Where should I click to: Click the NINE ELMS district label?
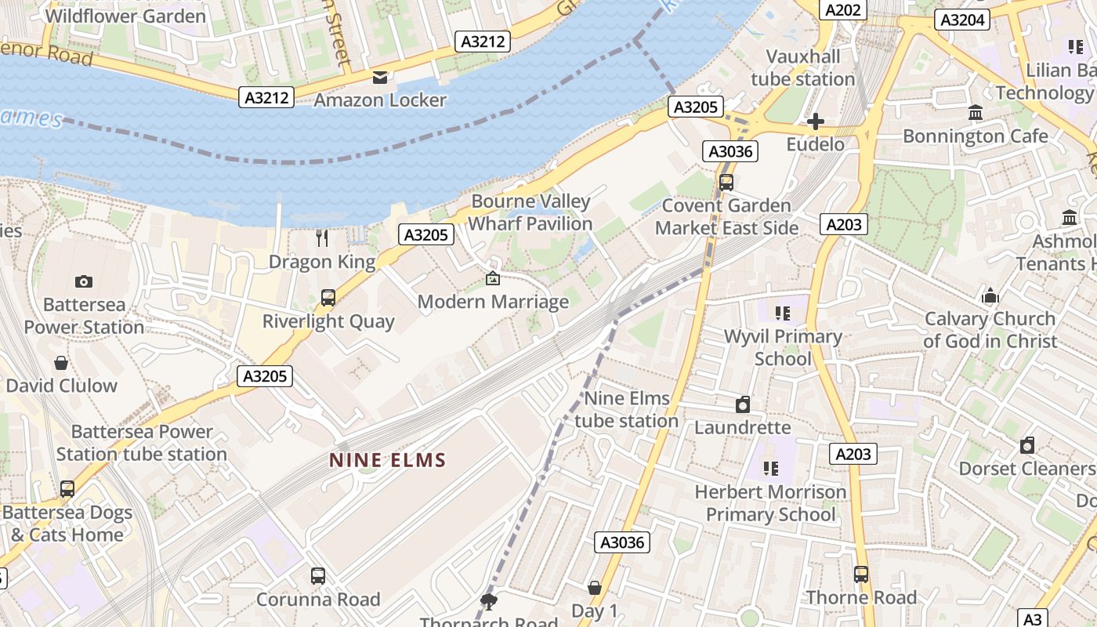[387, 460]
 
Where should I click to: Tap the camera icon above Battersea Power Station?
[83, 281]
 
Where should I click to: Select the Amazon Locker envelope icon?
[380, 77]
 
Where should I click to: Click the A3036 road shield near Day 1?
[623, 542]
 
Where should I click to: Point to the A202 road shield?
[843, 10]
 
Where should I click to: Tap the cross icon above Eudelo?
[816, 121]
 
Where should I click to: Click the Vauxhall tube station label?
[802, 68]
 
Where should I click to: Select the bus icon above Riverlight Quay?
[328, 298]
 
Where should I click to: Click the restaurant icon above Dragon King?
[322, 238]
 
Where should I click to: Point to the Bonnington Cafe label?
[975, 136]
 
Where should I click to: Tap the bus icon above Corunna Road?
[318, 576]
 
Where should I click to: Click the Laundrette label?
[742, 428]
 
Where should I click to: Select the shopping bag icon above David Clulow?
[61, 363]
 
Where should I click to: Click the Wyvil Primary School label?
[782, 347]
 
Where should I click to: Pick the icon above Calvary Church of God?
[990, 296]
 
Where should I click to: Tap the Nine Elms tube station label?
[627, 409]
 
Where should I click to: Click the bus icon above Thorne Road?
[861, 574]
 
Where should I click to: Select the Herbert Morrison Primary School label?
[771, 503]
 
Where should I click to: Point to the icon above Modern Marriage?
[493, 278]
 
